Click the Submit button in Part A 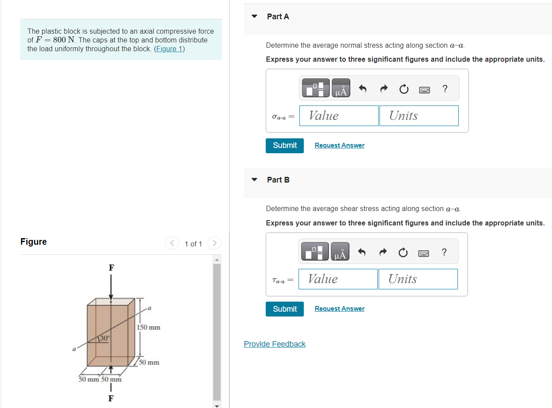285,145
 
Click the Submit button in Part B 285,309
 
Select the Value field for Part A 339,116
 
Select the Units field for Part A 419,116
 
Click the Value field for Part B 338,279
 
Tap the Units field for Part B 418,279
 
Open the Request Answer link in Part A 339,145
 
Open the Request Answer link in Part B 339,309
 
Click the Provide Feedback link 274,344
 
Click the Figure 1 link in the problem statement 169,49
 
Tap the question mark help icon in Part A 445,89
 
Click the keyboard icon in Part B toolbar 424,253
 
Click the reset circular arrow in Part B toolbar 403,253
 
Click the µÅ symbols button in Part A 341,88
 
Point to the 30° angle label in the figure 105,338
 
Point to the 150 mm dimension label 149,327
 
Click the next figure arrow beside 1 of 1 214,243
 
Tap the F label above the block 111,267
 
